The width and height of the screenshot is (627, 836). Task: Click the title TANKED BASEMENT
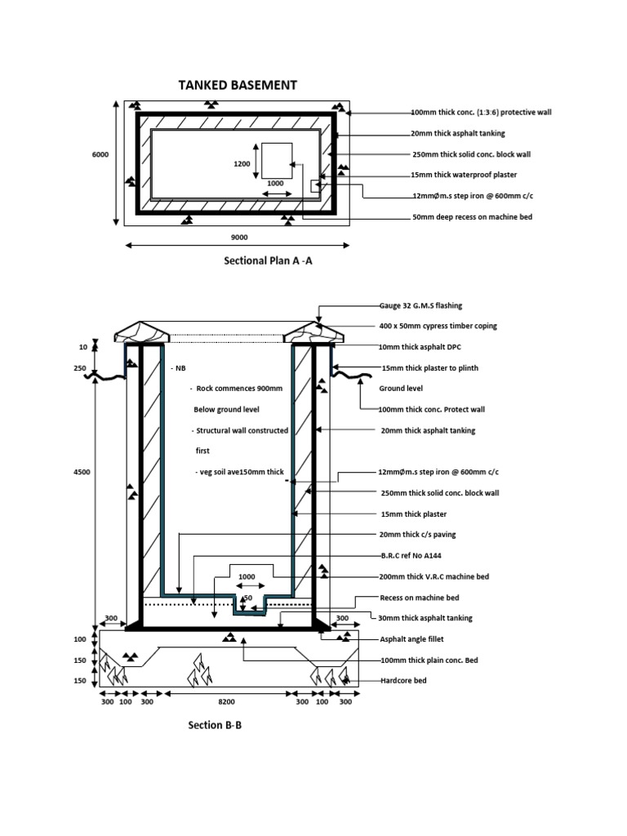(238, 85)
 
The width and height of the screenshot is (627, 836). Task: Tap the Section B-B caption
(215, 725)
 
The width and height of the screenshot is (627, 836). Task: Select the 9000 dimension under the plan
(238, 238)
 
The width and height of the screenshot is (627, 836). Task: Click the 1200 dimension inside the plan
(242, 163)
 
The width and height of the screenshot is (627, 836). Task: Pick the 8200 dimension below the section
(227, 701)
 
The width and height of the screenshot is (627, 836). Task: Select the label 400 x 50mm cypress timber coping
(438, 326)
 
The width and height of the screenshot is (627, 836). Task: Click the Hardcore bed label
(403, 680)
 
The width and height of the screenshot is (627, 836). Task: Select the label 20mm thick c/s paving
(418, 534)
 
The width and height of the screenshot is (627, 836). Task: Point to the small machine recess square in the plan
(277, 158)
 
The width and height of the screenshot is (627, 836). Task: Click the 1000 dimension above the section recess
(247, 576)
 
